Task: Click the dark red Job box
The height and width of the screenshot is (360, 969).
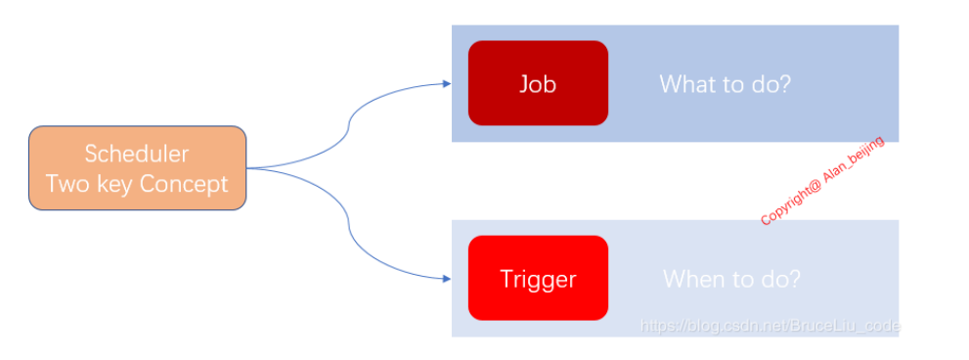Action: coord(538,83)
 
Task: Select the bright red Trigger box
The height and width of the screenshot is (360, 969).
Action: coord(538,279)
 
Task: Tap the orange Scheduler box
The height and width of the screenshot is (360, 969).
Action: coord(137,168)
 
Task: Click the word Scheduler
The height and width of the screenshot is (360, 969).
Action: coord(137,154)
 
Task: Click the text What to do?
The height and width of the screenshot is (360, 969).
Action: coord(725,83)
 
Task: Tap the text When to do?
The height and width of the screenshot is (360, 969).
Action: coord(731,279)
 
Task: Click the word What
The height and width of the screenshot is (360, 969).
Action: coord(686,83)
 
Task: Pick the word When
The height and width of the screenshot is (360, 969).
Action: coord(690,279)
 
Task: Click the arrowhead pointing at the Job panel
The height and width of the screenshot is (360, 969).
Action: coord(447,83)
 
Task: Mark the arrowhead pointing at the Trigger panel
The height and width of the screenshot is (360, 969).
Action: coord(447,279)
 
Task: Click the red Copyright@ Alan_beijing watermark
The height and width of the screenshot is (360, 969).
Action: coord(822,180)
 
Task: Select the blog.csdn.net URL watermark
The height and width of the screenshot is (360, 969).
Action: coord(770,326)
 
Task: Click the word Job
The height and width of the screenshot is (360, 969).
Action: coord(538,83)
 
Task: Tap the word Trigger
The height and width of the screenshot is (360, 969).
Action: coord(538,279)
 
